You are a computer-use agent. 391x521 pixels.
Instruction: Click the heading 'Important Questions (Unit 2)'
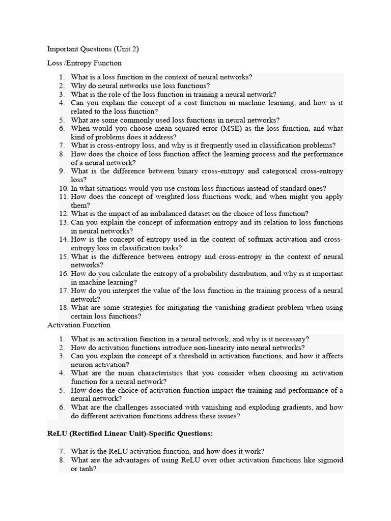click(x=93, y=49)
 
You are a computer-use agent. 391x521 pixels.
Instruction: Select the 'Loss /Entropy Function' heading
click(x=84, y=63)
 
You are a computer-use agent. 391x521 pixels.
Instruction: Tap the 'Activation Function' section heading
click(x=78, y=325)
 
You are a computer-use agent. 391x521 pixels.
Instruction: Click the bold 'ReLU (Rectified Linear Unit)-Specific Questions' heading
click(x=130, y=433)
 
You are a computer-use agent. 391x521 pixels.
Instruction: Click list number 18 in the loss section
click(x=63, y=307)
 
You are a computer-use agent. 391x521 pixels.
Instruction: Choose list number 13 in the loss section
click(x=63, y=222)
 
